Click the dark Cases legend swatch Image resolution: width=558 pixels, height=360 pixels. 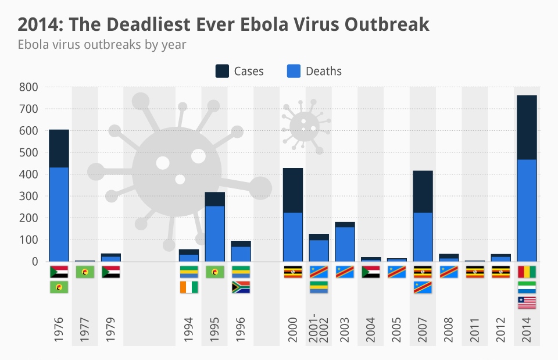[x=222, y=71]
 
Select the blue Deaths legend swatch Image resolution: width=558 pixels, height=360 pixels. [x=294, y=71]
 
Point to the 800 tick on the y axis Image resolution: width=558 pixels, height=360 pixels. [x=28, y=87]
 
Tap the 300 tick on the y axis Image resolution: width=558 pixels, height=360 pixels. [x=28, y=196]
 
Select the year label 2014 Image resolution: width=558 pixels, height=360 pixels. [x=527, y=330]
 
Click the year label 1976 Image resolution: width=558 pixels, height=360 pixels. [x=59, y=330]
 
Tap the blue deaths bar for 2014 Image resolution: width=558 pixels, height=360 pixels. [x=527, y=210]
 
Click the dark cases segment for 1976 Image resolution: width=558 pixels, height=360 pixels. [x=59, y=148]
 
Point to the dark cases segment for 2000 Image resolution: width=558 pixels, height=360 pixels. [x=292, y=190]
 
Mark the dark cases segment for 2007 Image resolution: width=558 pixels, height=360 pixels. [x=423, y=191]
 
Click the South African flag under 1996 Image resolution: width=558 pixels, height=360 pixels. [x=241, y=287]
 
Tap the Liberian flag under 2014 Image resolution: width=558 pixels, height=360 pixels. [x=527, y=302]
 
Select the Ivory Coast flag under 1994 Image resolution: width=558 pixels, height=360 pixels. [x=189, y=287]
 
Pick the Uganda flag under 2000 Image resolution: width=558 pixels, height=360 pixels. [x=292, y=272]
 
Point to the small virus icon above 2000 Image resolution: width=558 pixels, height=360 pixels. [x=305, y=125]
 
